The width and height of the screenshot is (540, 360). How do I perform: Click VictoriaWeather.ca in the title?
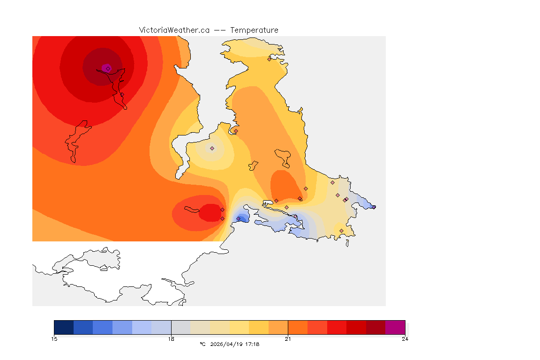pos(174,30)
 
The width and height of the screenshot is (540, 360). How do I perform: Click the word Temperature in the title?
pos(254,30)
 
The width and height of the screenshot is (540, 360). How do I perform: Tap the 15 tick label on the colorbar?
pos(54,339)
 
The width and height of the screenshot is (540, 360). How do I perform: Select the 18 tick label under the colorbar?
pos(171,339)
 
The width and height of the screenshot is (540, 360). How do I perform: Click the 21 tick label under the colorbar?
pos(288,339)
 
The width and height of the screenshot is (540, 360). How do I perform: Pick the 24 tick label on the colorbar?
pos(405,339)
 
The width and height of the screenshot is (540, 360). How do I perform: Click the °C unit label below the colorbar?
pos(202,344)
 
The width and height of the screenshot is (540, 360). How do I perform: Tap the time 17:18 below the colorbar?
pos(251,344)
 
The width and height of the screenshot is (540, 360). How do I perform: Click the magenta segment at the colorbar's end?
pos(395,327)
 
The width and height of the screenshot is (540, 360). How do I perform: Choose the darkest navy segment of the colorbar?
pos(64,327)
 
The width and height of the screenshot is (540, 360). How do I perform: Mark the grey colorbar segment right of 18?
pos(180,327)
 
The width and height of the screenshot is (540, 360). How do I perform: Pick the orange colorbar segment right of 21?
pos(297,327)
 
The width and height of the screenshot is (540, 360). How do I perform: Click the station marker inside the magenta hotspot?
pos(108,68)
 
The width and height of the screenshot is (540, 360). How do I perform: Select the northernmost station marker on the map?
pos(269,59)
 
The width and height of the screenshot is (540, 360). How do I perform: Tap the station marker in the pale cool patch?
pos(212,148)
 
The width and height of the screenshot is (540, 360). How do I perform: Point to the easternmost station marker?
pos(374,207)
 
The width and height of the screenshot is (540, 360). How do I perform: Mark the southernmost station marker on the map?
pos(341,231)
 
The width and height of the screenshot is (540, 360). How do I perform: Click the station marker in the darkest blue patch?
pos(239,218)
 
